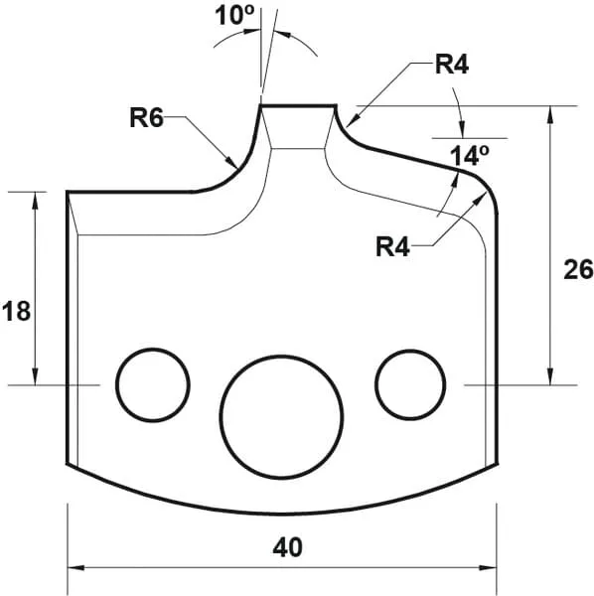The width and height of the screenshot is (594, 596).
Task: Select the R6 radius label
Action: [146, 117]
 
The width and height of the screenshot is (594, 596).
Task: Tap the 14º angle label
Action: [470, 156]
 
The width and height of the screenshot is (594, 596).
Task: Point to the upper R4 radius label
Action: [453, 67]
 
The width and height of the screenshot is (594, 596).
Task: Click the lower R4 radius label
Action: [394, 245]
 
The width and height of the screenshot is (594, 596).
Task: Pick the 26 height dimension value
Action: [577, 269]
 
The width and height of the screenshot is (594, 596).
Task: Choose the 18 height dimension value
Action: [17, 311]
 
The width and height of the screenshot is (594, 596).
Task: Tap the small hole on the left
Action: [153, 383]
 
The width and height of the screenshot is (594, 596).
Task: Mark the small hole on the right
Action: [410, 382]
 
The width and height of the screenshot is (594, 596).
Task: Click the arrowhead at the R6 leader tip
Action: [232, 162]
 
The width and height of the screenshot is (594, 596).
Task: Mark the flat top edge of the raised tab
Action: [298, 105]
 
